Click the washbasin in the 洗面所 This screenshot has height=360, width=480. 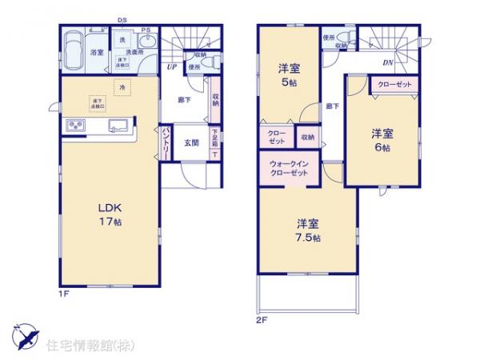click(145, 43)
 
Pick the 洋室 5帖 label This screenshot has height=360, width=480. click(289, 74)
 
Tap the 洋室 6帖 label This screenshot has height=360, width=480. click(382, 139)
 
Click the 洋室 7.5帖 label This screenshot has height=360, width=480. click(306, 230)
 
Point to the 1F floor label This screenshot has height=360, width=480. click(65, 294)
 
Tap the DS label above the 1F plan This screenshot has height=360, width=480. click(122, 19)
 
